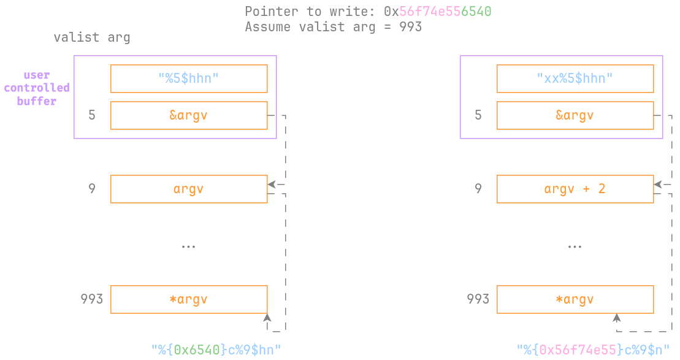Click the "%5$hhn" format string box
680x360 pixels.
[189, 79]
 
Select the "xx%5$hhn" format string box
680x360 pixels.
[575, 79]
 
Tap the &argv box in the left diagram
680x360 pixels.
[189, 115]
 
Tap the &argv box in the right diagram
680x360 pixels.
[575, 115]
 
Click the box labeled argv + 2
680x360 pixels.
[575, 189]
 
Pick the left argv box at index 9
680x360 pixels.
[189, 189]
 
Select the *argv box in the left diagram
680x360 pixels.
[189, 299]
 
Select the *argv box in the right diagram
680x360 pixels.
[575, 299]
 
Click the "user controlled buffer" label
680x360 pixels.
[37, 88]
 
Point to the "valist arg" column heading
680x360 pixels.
[92, 37]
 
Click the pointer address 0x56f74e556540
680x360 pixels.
[438, 11]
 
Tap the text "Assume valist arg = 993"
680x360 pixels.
[333, 27]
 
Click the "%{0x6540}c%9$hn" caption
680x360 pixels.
[216, 350]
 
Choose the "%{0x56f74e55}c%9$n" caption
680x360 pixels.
[593, 350]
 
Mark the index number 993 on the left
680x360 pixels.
[91, 299]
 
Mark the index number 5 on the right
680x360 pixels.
[478, 115]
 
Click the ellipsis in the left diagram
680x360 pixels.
[188, 247]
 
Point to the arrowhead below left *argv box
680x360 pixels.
[267, 318]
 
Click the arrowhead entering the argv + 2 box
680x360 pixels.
[658, 184]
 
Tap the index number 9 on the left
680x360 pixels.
[92, 189]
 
